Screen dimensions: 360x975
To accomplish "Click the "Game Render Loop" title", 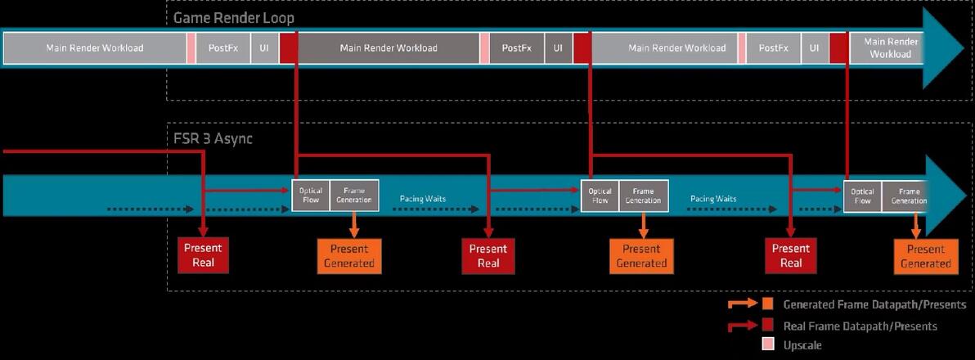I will (x=233, y=18).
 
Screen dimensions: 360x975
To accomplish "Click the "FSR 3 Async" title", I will (x=213, y=138).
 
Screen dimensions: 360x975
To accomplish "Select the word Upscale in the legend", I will (x=802, y=345).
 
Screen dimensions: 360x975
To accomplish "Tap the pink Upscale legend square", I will (x=767, y=345).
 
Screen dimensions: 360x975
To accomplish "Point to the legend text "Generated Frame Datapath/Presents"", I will (x=874, y=304).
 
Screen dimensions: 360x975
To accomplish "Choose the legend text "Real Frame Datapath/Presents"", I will (x=860, y=326).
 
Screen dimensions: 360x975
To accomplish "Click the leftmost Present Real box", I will (x=203, y=255).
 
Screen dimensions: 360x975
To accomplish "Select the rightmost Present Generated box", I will (x=925, y=256).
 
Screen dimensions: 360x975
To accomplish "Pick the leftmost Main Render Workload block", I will (x=95, y=48).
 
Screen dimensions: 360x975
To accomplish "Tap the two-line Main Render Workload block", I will (x=890, y=48).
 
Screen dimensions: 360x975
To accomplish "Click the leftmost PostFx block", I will (x=222, y=48).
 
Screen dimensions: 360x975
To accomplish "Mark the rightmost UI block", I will (x=814, y=48).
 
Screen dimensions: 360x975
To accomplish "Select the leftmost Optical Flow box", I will (x=311, y=196).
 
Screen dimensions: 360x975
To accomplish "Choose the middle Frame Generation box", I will (x=643, y=196).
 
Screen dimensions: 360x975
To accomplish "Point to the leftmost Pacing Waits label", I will (x=423, y=199).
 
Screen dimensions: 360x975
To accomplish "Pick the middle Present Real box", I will (x=488, y=255).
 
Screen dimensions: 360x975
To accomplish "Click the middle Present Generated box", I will (x=641, y=256).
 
